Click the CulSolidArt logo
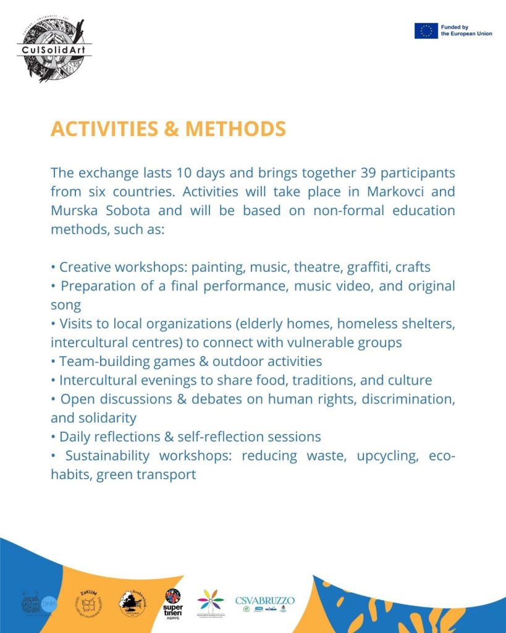pyautogui.click(x=54, y=49)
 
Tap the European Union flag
pyautogui.click(x=426, y=30)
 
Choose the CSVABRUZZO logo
pyautogui.click(x=264, y=603)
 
